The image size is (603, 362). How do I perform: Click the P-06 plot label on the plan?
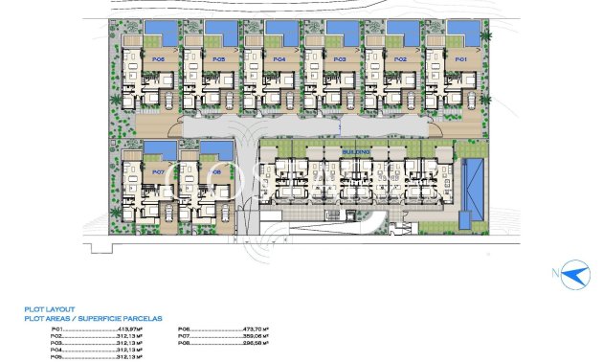(x=158, y=59)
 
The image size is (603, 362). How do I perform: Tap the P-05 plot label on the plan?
(x=218, y=59)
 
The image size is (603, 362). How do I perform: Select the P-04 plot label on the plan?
(x=279, y=59)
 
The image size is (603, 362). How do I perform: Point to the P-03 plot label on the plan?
(x=339, y=59)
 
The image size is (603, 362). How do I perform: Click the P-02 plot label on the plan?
(x=400, y=59)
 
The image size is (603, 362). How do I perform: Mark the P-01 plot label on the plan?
(x=460, y=59)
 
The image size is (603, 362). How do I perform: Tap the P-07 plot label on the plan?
(x=158, y=172)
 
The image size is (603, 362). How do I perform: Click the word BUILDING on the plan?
(x=356, y=151)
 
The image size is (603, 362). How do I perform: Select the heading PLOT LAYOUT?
(x=53, y=309)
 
